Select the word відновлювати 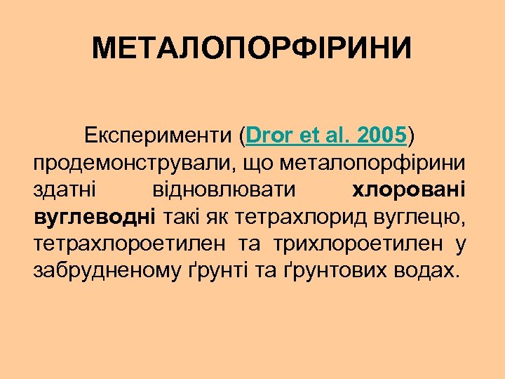(224, 189)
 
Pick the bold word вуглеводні (95, 217)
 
